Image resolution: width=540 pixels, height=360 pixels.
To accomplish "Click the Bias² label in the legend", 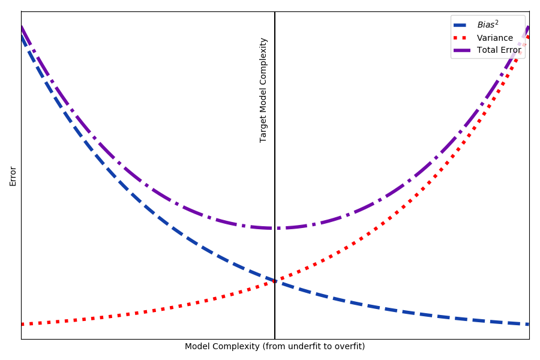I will point(488,25).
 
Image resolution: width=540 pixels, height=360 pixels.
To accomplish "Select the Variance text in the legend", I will point(495,38).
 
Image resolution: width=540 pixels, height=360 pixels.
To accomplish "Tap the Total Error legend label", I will point(499,50).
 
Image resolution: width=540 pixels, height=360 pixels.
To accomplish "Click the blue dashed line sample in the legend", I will point(463,25).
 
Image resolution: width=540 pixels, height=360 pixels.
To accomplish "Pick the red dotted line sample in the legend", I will point(463,38).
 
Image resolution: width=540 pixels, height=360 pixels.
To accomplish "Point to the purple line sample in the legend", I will point(463,50).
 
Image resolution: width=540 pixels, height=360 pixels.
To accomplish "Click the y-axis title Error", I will point(13,176).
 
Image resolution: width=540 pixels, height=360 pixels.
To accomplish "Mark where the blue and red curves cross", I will point(275,281).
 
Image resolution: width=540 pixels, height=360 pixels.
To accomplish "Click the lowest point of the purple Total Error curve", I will point(275,228).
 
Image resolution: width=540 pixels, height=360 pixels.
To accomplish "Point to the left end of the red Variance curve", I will point(22,324).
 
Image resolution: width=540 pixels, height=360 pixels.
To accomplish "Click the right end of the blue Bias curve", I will point(528,324).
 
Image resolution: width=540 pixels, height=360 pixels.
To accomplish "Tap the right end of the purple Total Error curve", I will point(528,27).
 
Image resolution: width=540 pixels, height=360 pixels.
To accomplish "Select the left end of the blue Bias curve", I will point(22,35).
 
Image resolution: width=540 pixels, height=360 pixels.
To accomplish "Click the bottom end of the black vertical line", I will point(275,338).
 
